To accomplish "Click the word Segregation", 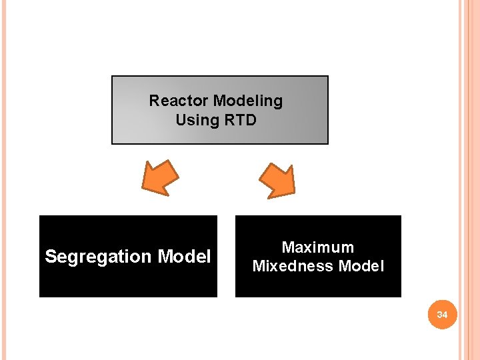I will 99,257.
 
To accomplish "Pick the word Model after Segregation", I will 184,257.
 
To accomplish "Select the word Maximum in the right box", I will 318,247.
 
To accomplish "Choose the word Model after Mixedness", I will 361,266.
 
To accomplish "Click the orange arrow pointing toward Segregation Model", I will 162,178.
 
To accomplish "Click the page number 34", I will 442,314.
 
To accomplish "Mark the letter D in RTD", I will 251,120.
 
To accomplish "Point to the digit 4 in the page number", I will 445,314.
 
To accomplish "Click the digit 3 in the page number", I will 439,314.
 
